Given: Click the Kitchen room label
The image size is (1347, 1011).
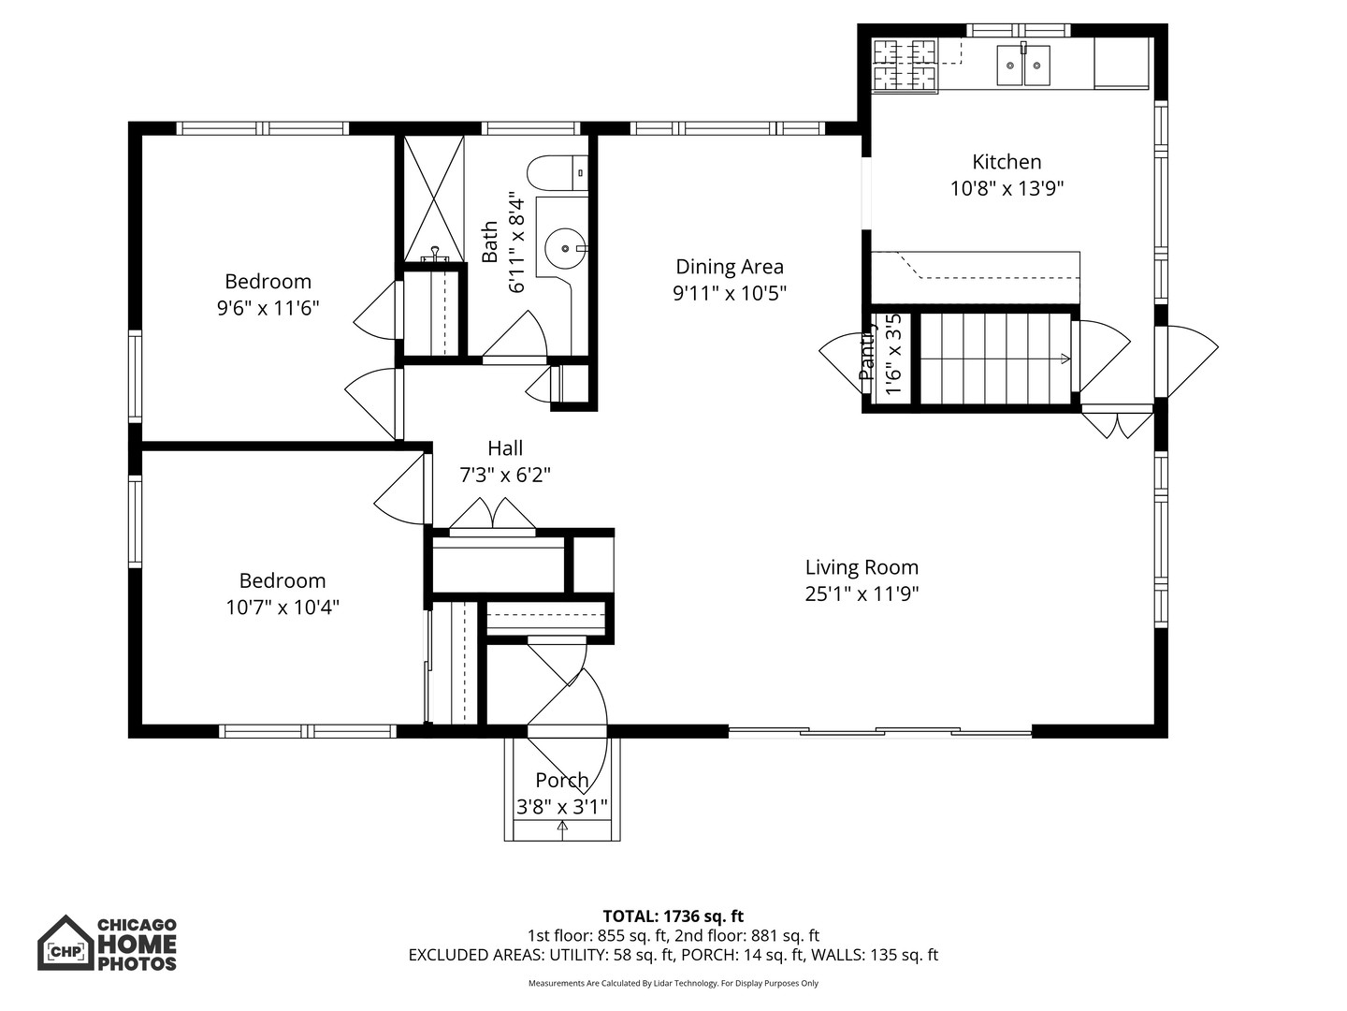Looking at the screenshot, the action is (1007, 162).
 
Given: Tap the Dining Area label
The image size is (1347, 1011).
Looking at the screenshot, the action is (730, 267).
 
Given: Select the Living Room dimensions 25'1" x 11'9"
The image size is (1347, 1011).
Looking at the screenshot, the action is (862, 594).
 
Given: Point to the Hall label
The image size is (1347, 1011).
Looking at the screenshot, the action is (505, 448).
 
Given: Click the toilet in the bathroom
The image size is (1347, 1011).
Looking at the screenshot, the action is (558, 173).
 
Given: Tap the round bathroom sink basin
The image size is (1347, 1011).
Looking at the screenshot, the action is (566, 248).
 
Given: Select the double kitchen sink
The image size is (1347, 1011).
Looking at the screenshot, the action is (1023, 66).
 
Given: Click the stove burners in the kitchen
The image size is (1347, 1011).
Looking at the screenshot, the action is (905, 66).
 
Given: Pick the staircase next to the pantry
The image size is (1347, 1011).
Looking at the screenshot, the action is (995, 359).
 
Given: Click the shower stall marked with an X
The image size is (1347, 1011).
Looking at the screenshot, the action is (434, 198).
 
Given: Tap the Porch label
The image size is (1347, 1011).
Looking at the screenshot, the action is (561, 780).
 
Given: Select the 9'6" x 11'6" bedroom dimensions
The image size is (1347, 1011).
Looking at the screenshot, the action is (268, 308).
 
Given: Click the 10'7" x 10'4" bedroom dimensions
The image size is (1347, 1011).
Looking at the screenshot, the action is (282, 608).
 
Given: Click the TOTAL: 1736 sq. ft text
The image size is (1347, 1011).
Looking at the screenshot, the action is (673, 916).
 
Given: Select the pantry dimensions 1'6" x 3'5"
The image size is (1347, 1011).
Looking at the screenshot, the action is (893, 354).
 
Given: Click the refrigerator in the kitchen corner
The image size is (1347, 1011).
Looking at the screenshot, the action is (1122, 63).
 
